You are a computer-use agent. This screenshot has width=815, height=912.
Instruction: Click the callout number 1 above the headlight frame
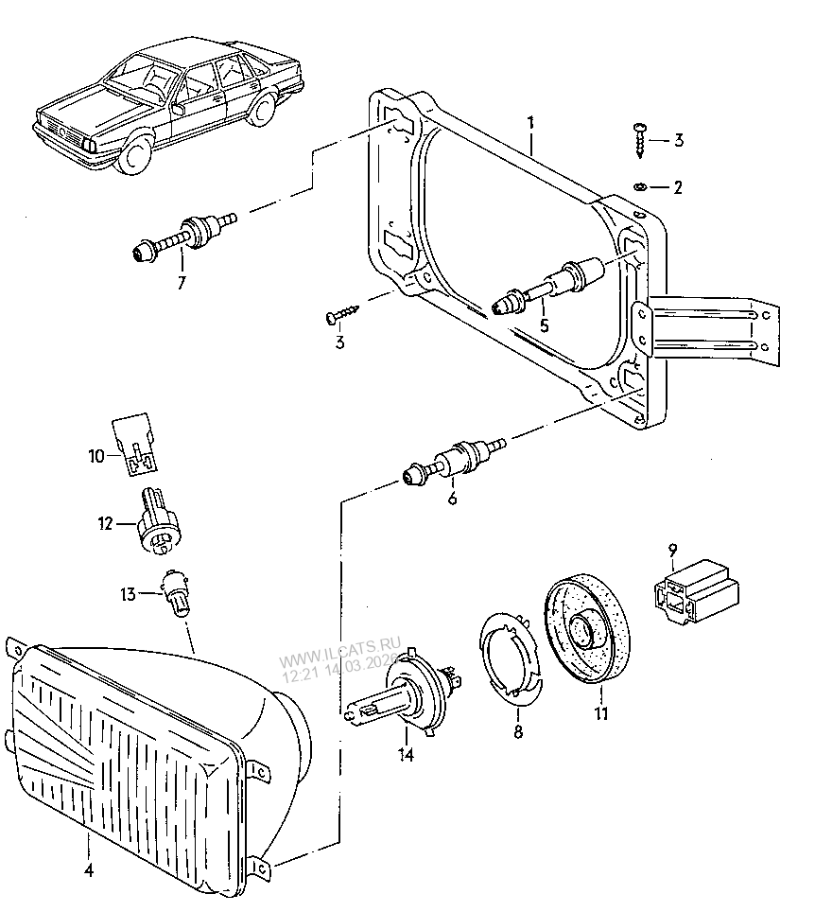[x=530, y=124]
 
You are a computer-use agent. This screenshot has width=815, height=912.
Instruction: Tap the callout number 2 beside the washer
[x=677, y=187]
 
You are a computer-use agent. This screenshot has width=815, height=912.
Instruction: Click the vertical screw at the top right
[x=639, y=140]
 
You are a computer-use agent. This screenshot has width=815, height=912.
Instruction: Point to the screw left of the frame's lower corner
[x=342, y=314]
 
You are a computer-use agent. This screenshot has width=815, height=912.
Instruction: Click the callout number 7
[x=182, y=283]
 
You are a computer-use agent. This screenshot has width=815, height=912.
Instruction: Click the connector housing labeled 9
[x=696, y=592]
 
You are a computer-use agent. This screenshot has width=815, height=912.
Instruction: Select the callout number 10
[x=95, y=456]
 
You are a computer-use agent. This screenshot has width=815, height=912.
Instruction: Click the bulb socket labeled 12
[x=159, y=522]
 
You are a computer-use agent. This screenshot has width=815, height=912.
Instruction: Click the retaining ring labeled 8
[x=511, y=658]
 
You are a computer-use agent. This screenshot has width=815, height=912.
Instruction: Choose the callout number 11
[x=601, y=712]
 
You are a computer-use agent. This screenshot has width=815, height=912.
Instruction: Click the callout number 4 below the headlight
[x=88, y=870]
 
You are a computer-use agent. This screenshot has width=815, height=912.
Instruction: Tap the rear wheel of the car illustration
[x=263, y=108]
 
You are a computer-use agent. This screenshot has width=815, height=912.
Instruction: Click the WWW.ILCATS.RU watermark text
[x=339, y=652]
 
